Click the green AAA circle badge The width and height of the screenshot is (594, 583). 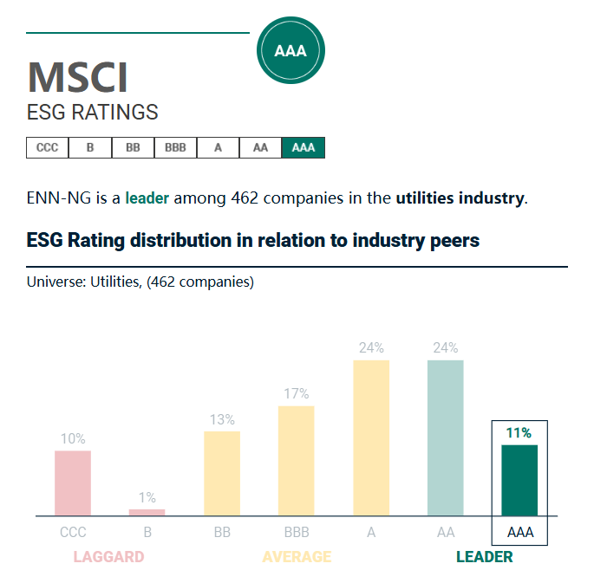pos(290,51)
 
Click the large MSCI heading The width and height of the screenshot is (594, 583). pos(78,78)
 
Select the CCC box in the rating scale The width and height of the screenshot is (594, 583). pos(48,148)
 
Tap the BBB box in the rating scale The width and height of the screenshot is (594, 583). pos(175,148)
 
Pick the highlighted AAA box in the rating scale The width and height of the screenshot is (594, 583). pos(304,148)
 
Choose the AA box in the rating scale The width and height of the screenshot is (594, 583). pos(260,148)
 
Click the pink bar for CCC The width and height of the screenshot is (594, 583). pos(73,483)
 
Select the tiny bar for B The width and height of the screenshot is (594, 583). pos(147,512)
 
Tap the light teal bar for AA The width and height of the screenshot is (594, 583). pos(446,437)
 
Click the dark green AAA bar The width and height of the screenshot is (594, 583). pos(519,480)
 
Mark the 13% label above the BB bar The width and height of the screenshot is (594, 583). pos(222,420)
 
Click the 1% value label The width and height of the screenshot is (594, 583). pos(147,498)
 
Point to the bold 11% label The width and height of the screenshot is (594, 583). pos(519,433)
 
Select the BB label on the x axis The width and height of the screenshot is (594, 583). pos(222,533)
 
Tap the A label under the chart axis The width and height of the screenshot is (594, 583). pos(371,533)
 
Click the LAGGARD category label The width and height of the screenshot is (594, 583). pos(108,557)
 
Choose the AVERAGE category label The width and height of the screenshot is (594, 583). pos(297,557)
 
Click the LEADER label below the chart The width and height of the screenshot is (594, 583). pos(485,557)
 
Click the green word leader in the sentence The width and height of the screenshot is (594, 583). pos(147,198)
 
